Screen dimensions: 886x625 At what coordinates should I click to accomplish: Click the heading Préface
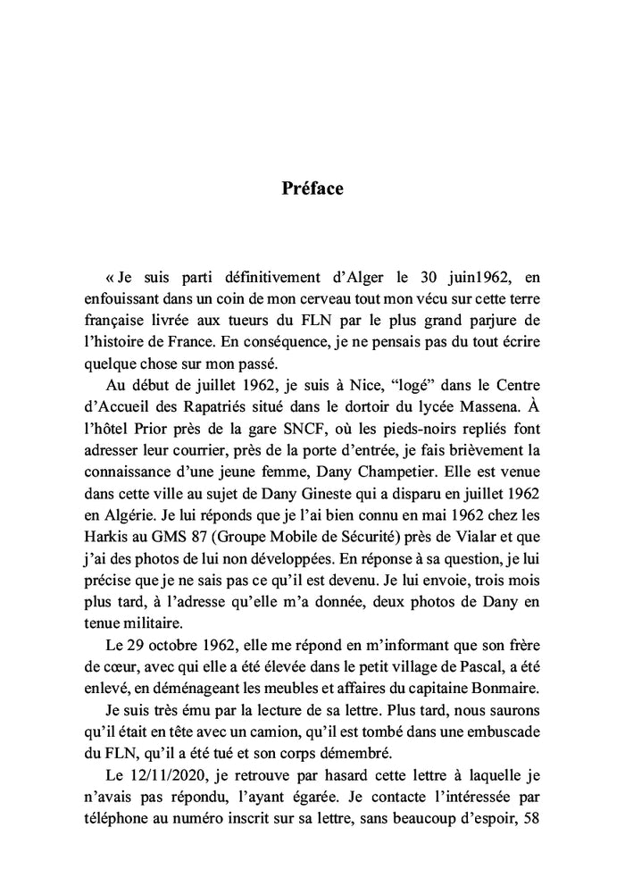(312, 189)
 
